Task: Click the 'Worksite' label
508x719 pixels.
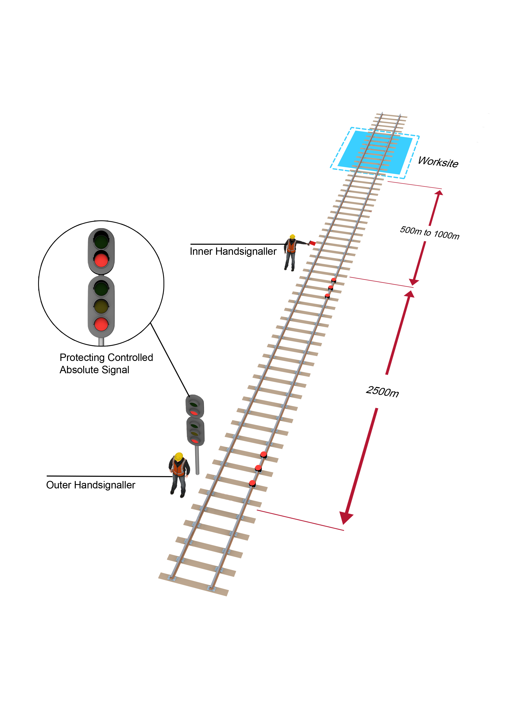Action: click(x=438, y=162)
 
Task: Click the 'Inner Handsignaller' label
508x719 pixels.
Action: click(x=233, y=251)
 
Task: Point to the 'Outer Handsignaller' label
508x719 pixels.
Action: click(x=91, y=485)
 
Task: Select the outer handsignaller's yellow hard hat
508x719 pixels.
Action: click(x=179, y=456)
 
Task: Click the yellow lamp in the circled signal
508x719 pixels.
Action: click(x=101, y=306)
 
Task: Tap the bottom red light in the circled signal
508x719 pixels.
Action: click(x=101, y=324)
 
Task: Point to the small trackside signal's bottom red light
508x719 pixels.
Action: click(x=195, y=441)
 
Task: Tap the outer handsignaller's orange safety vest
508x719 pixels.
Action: click(x=179, y=468)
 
